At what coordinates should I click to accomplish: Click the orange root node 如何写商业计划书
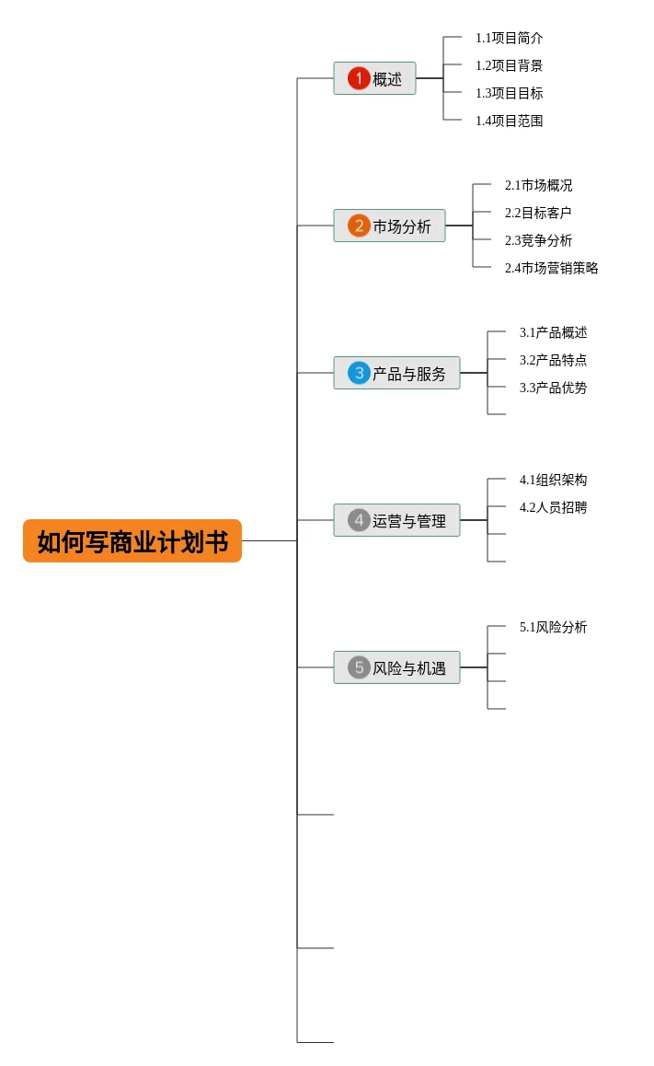tap(132, 541)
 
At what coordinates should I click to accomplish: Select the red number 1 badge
tap(359, 78)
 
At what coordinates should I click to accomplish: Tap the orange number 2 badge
tap(359, 226)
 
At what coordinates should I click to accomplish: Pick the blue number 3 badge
tap(359, 373)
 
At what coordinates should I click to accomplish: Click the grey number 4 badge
tap(359, 520)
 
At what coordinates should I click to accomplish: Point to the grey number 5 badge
tap(359, 667)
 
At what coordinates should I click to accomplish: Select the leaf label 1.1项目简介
tap(509, 38)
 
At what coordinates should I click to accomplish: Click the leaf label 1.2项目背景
tap(509, 65)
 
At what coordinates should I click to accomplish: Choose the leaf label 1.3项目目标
tap(509, 93)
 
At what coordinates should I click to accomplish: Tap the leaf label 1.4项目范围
tap(509, 121)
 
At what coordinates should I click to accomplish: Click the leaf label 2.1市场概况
tap(538, 185)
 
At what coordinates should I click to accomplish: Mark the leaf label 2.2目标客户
tap(538, 213)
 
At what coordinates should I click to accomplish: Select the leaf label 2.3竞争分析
tap(538, 240)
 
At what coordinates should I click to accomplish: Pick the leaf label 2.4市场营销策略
tap(551, 268)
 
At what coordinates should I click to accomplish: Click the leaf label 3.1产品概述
tap(553, 332)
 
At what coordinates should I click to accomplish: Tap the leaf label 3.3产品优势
tap(553, 388)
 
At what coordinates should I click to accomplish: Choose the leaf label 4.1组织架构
tap(553, 480)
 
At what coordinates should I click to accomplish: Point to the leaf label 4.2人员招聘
tap(553, 507)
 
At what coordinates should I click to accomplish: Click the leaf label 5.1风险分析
tap(553, 627)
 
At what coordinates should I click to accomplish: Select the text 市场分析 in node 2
tap(402, 226)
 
